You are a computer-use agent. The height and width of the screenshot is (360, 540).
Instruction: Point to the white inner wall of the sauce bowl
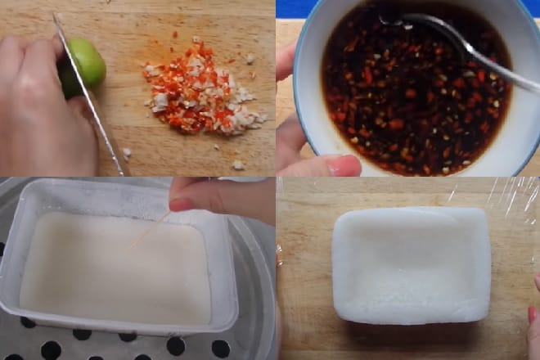(x=515, y=123)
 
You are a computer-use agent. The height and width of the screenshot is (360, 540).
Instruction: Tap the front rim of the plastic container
(x=123, y=326)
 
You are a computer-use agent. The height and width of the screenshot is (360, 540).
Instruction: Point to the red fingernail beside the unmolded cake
(x=534, y=315)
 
